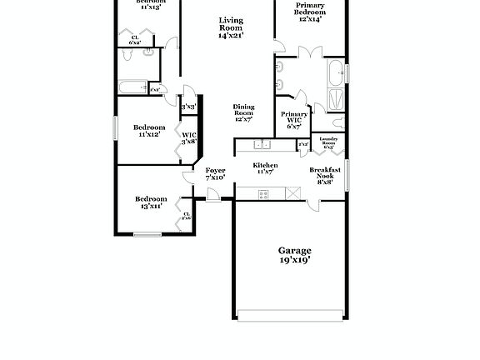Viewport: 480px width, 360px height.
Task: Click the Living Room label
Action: (232, 28)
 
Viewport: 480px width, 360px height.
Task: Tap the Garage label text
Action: (294, 255)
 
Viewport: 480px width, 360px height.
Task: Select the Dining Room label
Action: (243, 112)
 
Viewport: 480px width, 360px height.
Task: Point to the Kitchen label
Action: (265, 168)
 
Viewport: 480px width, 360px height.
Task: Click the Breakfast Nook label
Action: (325, 175)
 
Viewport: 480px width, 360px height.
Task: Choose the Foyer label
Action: (215, 173)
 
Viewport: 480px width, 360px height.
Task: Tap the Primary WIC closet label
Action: (293, 119)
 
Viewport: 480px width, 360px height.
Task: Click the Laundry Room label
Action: (328, 142)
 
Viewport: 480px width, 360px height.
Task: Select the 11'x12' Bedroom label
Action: (151, 130)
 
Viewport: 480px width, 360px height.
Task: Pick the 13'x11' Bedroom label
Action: (151, 202)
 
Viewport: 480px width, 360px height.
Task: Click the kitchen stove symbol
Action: (263, 194)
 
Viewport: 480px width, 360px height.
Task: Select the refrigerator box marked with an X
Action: (292, 193)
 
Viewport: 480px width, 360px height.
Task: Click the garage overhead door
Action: (289, 315)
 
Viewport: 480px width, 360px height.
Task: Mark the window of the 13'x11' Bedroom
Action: (147, 234)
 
